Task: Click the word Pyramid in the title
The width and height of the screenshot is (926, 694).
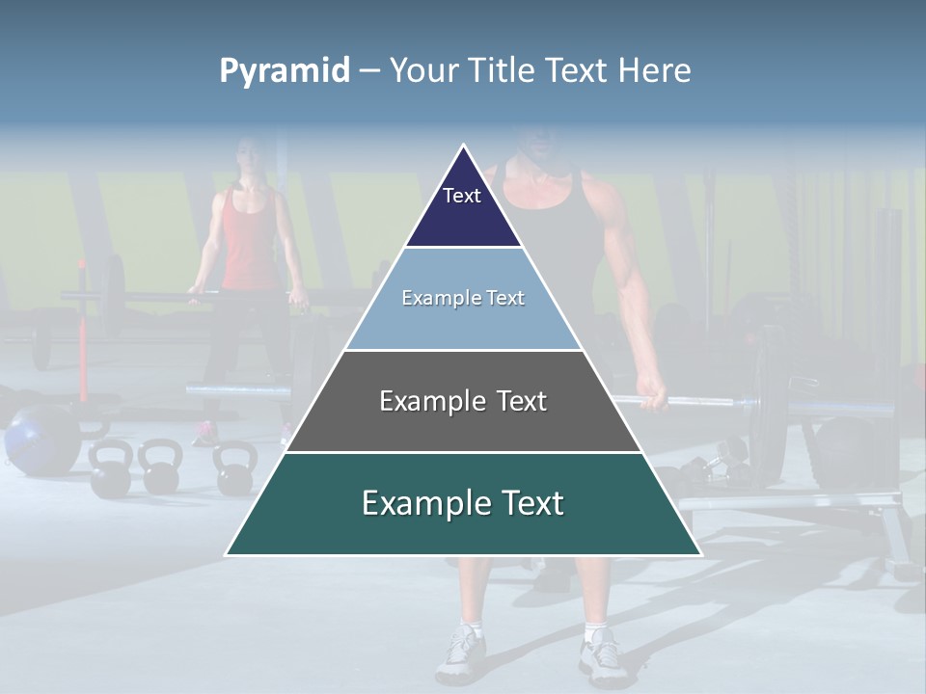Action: pos(285,71)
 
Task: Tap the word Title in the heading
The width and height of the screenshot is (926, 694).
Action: pos(503,71)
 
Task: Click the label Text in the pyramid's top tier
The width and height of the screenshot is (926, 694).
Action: pos(462,196)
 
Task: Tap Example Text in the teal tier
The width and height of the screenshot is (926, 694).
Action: pos(463,503)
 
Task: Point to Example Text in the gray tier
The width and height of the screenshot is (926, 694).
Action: pos(463,401)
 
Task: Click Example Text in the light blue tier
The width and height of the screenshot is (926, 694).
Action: pos(463,298)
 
